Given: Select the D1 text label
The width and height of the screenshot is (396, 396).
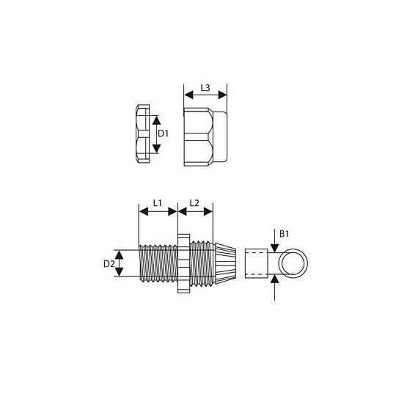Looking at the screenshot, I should [x=165, y=134].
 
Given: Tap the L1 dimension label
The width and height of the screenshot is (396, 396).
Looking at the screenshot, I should [x=158, y=202].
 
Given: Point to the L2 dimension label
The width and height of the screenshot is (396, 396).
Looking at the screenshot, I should [x=196, y=202].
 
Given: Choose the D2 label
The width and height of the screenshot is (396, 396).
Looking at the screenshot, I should [x=109, y=263].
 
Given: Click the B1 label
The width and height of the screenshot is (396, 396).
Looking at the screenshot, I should [x=285, y=233].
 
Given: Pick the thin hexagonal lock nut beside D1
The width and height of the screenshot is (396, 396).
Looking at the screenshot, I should [x=142, y=134].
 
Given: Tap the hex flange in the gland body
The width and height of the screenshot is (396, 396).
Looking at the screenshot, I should [x=182, y=264].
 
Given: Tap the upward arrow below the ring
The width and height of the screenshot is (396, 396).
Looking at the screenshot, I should [x=275, y=284].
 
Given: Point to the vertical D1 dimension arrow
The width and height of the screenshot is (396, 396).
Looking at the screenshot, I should [x=155, y=134].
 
